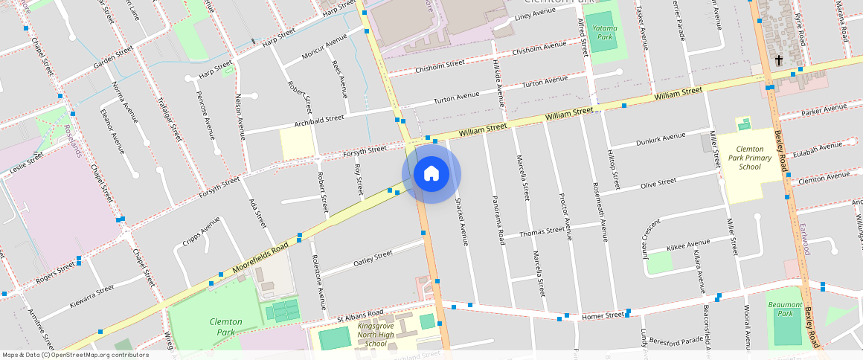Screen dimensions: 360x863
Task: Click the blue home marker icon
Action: pos(431,174)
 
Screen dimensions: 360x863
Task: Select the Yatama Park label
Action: pos(603,32)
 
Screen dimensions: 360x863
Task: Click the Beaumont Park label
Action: pos(785,309)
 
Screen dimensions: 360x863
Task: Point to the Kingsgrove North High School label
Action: pos(376,335)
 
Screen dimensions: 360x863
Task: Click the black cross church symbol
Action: pos(780,60)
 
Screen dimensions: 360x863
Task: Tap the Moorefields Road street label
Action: pos(260,257)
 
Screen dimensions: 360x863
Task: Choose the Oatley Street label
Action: pos(373,258)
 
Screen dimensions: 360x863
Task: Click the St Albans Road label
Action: pos(361,312)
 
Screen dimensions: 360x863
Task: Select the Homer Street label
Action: pos(603,315)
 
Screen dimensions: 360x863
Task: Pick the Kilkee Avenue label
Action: pos(688,244)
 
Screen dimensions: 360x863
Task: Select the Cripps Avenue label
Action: pos(201,233)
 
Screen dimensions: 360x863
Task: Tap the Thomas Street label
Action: pos(542,232)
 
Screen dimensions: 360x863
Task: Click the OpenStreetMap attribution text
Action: pos(75,355)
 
